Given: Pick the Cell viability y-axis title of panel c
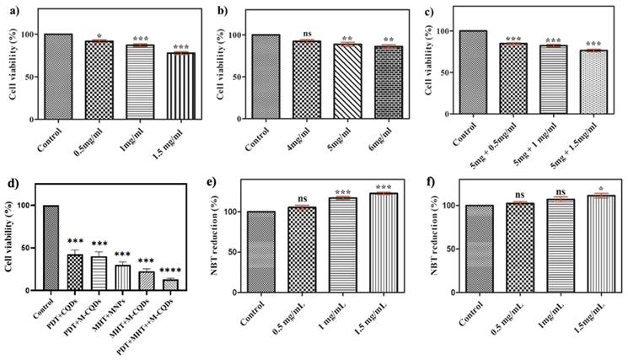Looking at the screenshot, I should (436, 73).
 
